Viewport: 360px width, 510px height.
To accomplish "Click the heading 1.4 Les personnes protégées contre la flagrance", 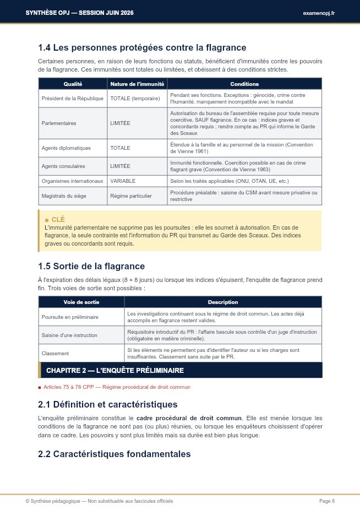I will (142, 48).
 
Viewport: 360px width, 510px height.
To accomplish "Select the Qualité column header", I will (73, 84).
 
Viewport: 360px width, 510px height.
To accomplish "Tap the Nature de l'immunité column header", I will (137, 84).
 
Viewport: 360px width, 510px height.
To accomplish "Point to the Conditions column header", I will (244, 84).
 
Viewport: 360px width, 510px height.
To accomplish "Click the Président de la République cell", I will (72, 99).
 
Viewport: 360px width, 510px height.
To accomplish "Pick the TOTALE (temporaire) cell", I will (135, 99).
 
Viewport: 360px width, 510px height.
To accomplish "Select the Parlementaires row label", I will (59, 123).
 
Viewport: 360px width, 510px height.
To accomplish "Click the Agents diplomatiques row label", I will (66, 148).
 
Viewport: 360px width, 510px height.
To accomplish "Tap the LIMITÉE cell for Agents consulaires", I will (120, 166).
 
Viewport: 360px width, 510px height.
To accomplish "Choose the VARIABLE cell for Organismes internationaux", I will (123, 181).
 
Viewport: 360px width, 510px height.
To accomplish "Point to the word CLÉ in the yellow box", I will (58, 219).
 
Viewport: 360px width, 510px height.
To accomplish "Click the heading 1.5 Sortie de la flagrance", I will (91, 267).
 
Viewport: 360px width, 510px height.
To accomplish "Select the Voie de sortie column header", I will (81, 302).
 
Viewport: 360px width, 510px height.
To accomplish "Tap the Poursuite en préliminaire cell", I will (70, 317).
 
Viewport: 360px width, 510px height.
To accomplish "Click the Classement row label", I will (54, 353).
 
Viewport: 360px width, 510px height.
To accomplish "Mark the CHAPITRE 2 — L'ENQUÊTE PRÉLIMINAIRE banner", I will (115, 370).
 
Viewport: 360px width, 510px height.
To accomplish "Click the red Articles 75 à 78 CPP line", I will (117, 387).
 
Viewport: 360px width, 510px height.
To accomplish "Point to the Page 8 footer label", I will (327, 501).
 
